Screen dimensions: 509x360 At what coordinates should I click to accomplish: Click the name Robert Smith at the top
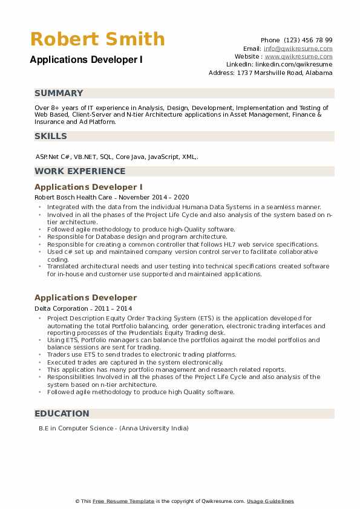(x=97, y=39)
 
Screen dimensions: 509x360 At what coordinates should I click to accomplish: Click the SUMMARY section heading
(x=59, y=93)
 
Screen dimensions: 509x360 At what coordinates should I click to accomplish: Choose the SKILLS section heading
(x=51, y=136)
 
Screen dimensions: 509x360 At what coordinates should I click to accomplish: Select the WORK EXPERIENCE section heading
(x=80, y=171)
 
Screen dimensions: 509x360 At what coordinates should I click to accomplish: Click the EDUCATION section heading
(x=62, y=413)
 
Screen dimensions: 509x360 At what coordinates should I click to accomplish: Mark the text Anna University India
(x=154, y=429)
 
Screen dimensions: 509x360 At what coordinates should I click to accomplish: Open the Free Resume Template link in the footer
(x=124, y=501)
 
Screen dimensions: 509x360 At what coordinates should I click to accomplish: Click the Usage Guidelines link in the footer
(x=270, y=501)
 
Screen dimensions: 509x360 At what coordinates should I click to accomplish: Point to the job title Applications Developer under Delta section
(x=85, y=297)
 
